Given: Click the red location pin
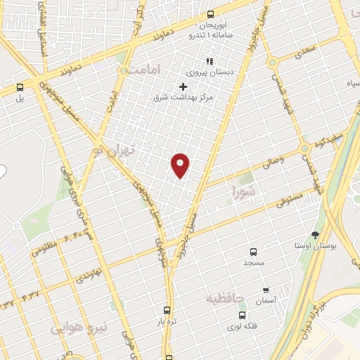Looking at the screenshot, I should (181, 165).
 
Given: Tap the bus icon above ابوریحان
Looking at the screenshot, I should (210, 14).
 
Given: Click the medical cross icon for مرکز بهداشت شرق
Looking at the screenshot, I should (184, 86).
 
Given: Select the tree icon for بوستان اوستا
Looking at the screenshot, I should (315, 235).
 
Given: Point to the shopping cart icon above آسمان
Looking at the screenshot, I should (266, 290).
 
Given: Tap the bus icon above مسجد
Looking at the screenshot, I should (253, 251).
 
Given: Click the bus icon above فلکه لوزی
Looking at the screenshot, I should (243, 316).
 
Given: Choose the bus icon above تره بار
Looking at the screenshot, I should (167, 309).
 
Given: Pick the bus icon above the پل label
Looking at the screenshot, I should (20, 88).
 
